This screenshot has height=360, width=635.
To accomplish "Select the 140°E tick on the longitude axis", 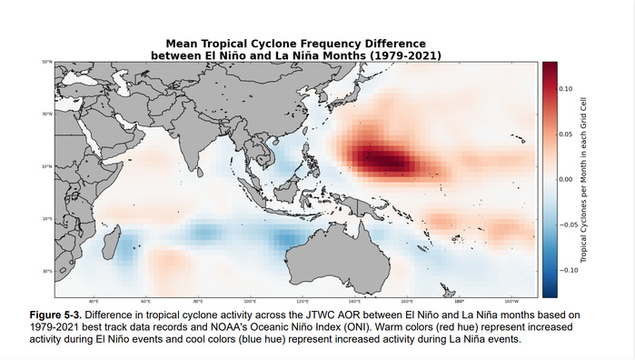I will [354, 301].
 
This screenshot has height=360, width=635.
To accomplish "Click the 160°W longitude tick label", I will [511, 301].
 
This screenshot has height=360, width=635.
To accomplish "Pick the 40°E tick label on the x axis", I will [93, 301].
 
